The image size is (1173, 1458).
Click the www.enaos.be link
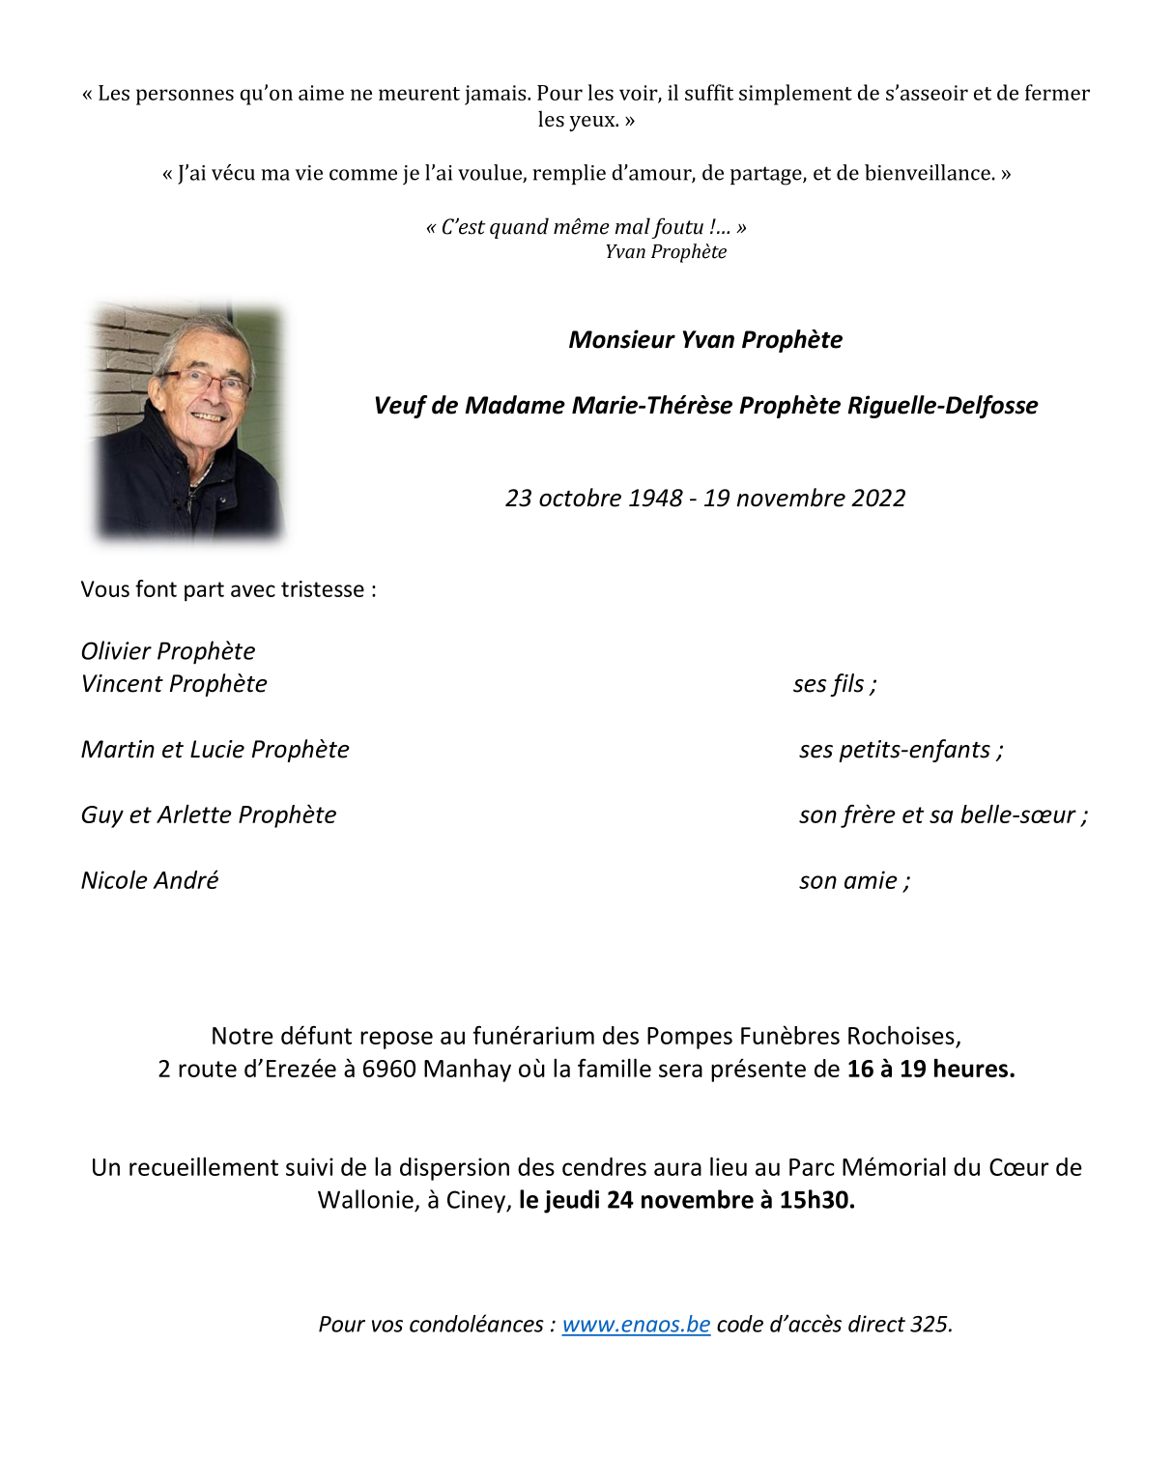tap(636, 1324)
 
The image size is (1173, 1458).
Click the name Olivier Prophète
tap(168, 651)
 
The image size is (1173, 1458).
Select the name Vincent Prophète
tap(174, 684)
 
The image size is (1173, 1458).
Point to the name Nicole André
tap(150, 881)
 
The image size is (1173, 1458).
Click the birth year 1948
tap(655, 499)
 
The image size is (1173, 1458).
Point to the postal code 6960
tap(388, 1070)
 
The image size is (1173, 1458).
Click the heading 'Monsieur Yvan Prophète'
tap(705, 340)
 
